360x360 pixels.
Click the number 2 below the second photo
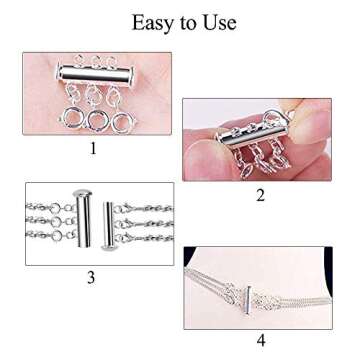pyautogui.click(x=261, y=195)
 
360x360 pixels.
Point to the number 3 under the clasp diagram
pyautogui.click(x=93, y=277)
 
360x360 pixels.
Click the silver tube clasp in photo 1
pyautogui.click(x=95, y=75)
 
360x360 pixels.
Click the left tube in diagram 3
pyautogui.click(x=83, y=221)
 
